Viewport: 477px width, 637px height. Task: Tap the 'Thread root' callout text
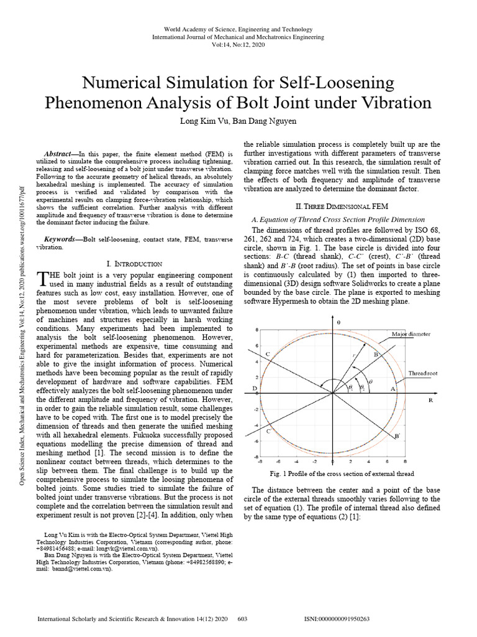[423, 373]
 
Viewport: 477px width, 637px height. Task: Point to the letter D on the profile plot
[255, 388]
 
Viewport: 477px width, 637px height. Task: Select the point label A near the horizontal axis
[392, 388]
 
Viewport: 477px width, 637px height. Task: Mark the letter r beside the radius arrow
[353, 353]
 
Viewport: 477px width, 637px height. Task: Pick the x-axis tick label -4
[297, 462]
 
